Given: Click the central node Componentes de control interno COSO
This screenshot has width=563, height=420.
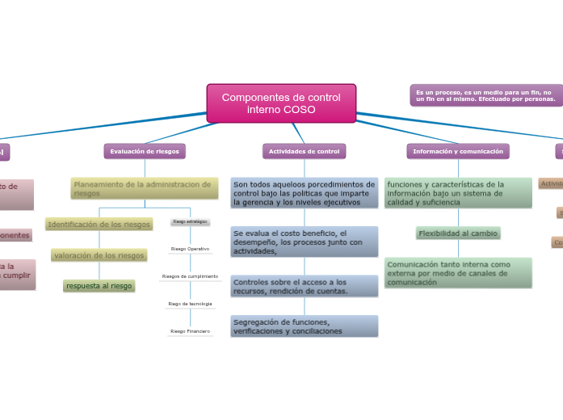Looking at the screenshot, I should [281, 103].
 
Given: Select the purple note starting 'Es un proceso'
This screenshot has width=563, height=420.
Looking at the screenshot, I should [485, 95].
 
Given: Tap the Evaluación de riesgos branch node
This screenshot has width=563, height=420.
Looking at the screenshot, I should [145, 151].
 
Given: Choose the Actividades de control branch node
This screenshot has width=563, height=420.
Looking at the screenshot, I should [304, 151].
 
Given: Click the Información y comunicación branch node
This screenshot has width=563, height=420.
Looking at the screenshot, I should [457, 151].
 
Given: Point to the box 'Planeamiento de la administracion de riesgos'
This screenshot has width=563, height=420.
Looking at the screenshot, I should [144, 189].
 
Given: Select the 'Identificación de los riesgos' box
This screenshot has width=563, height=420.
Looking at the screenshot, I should [99, 225].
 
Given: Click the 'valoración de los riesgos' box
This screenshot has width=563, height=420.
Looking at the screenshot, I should [99, 255].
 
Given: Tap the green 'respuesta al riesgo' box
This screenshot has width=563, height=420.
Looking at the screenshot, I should [99, 286].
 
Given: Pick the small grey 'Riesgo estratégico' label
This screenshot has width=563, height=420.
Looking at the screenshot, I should [190, 221].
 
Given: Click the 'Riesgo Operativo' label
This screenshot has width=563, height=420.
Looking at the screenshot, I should [190, 249].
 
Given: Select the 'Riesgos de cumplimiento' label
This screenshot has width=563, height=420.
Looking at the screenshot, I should [190, 276].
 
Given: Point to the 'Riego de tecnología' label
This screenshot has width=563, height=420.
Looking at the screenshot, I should [190, 304].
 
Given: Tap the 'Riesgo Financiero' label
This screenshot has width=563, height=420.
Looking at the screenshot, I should [190, 331].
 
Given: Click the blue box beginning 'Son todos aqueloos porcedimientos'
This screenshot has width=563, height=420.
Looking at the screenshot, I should [304, 193].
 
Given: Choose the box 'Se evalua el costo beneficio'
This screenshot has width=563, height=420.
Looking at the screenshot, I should [304, 241].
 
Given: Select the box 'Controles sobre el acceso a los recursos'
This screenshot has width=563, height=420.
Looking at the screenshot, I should [304, 286].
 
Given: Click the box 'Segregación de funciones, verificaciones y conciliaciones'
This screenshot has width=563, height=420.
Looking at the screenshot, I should [304, 326].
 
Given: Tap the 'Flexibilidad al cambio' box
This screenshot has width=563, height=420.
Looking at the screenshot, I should [458, 233].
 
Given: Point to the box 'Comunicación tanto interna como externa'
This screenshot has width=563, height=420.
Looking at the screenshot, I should [458, 273].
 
